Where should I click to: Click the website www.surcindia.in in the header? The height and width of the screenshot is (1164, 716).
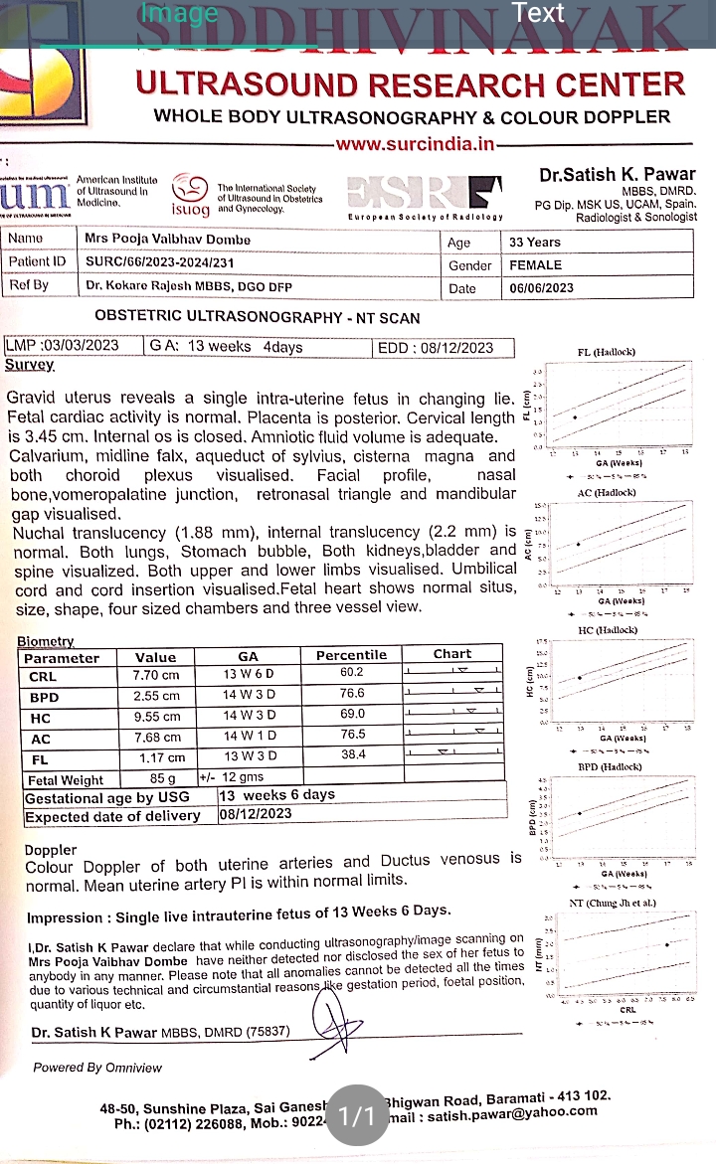coord(416,144)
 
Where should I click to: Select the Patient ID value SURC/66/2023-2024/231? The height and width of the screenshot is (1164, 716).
coord(175,263)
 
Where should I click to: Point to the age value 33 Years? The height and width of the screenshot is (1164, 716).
coord(535,242)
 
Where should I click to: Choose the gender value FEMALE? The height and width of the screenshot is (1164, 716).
coord(536,265)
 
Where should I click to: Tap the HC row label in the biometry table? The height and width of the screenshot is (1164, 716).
coord(41,717)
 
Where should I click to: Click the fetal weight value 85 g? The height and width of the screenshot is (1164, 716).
coord(162,779)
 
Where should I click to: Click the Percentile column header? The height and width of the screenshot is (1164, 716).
coord(351,655)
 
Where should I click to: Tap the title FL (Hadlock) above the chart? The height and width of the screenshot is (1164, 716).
coord(606,353)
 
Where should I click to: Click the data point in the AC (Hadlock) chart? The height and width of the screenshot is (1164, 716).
coord(579,544)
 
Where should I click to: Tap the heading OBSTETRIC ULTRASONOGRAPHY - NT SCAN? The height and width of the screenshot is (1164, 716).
coord(257,318)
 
